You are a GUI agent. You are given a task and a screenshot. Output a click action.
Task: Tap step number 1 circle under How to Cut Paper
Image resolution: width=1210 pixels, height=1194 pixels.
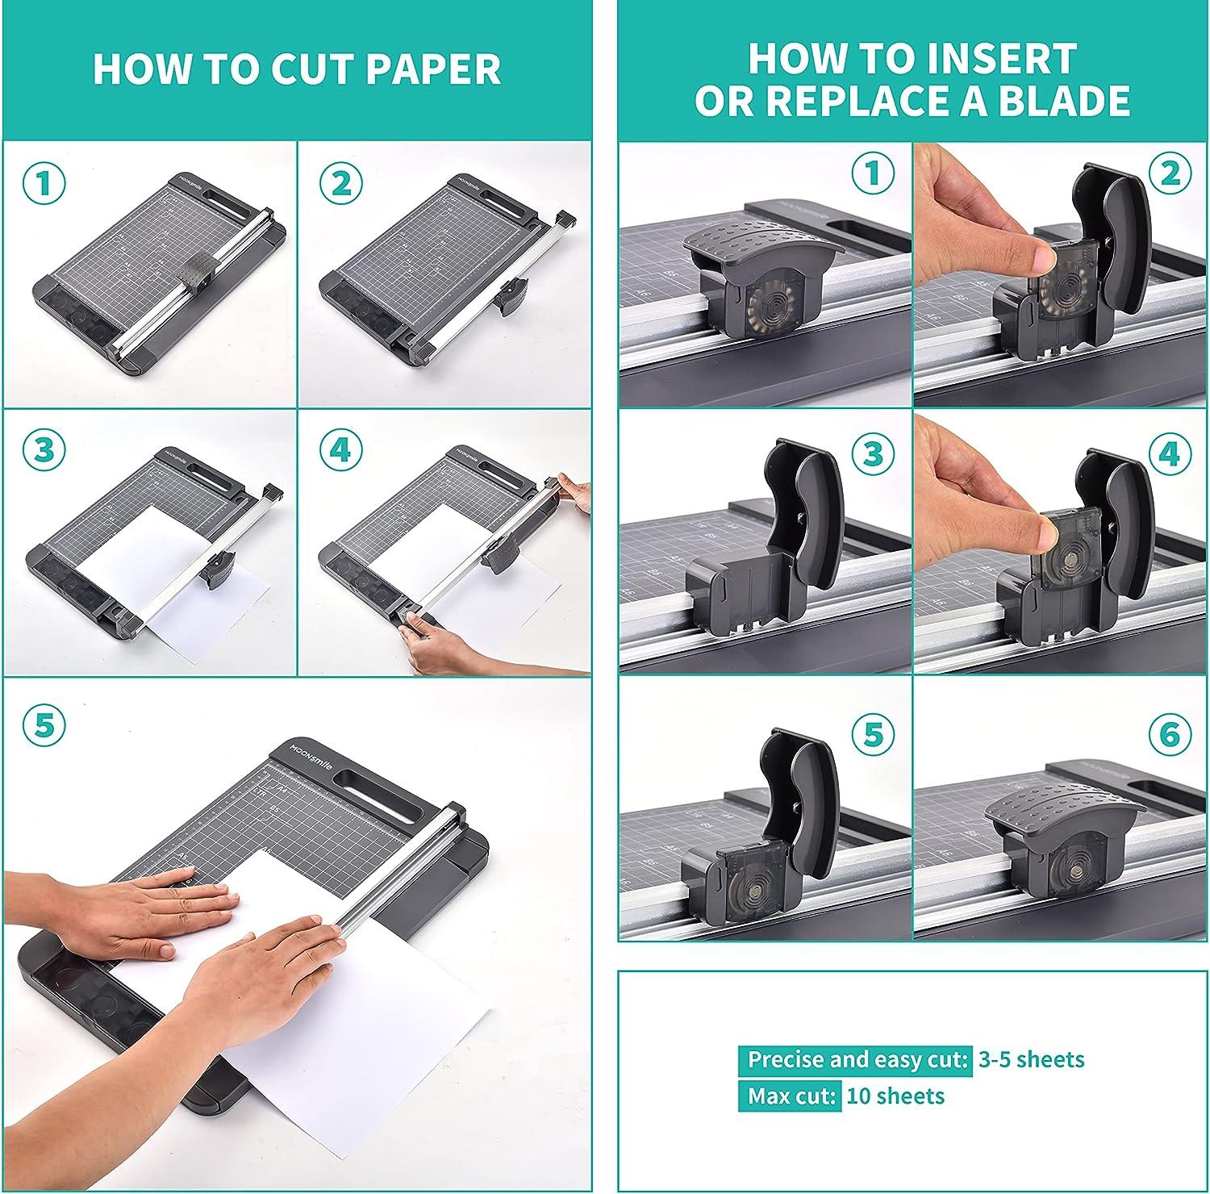pyautogui.click(x=44, y=184)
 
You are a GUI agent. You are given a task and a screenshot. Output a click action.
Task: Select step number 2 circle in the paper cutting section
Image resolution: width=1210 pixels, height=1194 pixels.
pyautogui.click(x=340, y=184)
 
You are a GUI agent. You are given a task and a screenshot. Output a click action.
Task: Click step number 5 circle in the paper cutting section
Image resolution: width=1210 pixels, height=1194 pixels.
pyautogui.click(x=44, y=724)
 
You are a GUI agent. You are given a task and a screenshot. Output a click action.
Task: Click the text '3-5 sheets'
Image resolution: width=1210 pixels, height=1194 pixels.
pyautogui.click(x=1031, y=1059)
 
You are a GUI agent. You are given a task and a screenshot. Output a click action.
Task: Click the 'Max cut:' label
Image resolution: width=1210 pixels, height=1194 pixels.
pyautogui.click(x=790, y=1096)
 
